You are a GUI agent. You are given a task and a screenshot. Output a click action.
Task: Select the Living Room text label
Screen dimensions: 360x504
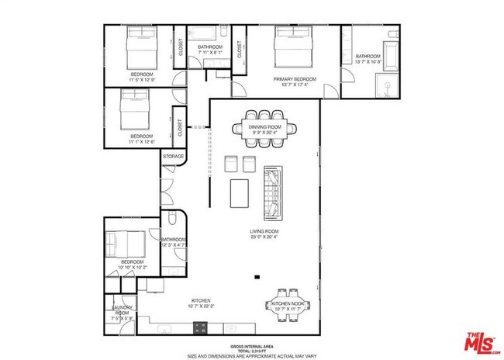tap(263, 231)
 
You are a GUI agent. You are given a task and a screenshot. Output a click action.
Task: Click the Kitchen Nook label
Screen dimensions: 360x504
tap(292, 303)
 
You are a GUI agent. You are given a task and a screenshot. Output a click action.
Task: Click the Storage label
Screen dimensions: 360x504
tap(173, 157)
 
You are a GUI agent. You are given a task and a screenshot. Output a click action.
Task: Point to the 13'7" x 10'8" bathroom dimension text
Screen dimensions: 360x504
tap(368, 62)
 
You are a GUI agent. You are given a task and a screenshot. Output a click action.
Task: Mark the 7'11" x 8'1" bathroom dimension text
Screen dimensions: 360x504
tap(210, 53)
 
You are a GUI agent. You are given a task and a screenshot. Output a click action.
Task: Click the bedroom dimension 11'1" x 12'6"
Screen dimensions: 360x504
tap(141, 141)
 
